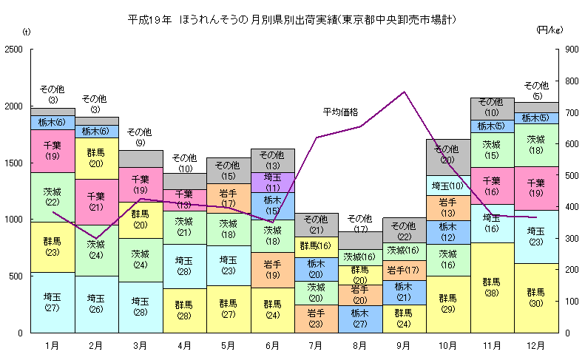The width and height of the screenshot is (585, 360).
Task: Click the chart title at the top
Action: coord(291,18)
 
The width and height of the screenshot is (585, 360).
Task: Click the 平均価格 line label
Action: coord(340,112)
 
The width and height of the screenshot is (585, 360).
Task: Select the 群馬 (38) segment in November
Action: coord(492,287)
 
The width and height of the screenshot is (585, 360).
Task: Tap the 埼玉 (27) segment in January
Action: coord(53,302)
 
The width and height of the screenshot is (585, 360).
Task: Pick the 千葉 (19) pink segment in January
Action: coord(53,151)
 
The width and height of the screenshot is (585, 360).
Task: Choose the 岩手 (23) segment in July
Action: coord(316,319)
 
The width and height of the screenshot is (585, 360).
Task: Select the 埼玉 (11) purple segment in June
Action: coord(273,182)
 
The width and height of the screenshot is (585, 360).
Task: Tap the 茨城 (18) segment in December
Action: coord(536,145)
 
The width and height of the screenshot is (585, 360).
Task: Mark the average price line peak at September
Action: coord(404,92)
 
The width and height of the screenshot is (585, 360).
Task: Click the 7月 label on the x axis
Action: coord(316,345)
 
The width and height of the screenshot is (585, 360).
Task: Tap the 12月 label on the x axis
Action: coord(536,345)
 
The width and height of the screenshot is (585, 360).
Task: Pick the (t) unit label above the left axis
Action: coord(27,31)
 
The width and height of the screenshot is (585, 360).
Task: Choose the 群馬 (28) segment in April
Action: coord(184,310)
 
